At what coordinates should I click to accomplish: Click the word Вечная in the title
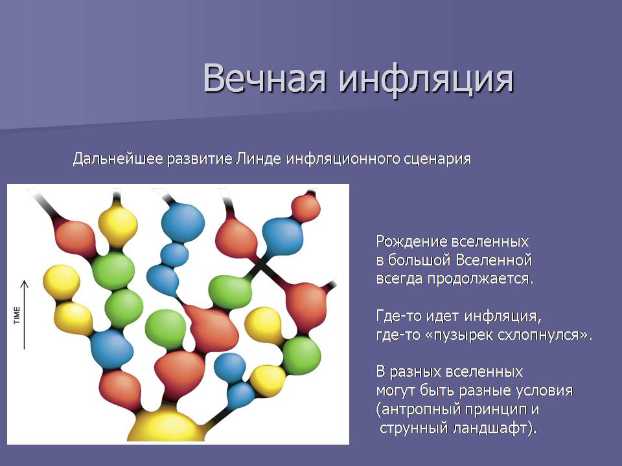point(264,78)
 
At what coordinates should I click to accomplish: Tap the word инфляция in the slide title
point(426,79)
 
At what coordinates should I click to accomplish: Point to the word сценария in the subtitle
point(437,159)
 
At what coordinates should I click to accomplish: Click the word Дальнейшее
point(118,159)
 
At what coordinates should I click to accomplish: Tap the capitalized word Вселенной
point(493,260)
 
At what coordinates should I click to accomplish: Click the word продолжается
point(480,279)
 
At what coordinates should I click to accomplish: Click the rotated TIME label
point(17,315)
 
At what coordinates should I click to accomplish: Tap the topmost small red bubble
point(306,207)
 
